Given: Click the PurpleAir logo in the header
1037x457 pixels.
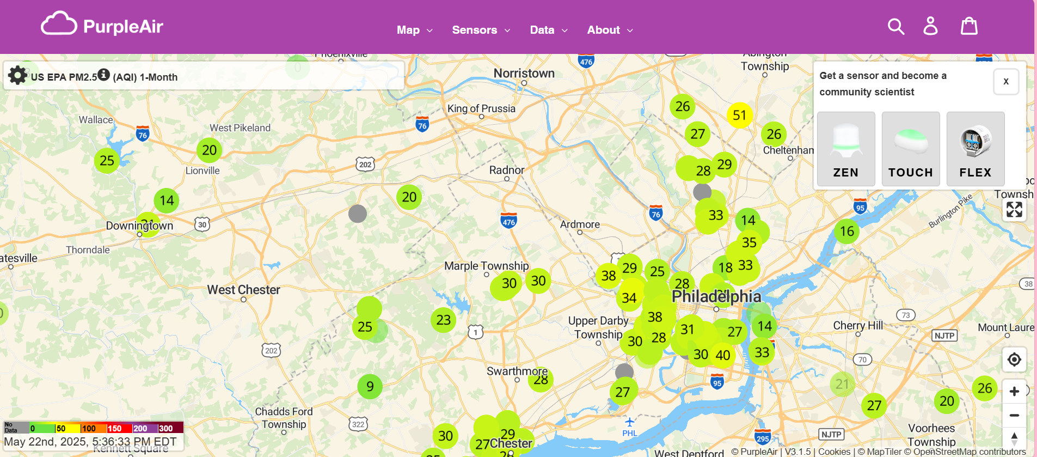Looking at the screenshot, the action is [x=102, y=25].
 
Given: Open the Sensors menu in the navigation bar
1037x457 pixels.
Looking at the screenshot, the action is [x=481, y=30].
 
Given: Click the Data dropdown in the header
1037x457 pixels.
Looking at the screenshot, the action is [x=548, y=30].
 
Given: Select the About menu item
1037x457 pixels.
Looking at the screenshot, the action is [x=610, y=30].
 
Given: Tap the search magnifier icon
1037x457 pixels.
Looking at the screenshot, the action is [x=895, y=26].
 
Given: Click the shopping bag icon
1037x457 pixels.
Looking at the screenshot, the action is [x=969, y=26].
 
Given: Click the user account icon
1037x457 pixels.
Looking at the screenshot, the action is [x=930, y=26].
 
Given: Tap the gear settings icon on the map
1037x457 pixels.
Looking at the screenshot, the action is [x=17, y=75].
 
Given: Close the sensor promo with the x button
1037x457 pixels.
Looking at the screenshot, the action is [x=1005, y=82].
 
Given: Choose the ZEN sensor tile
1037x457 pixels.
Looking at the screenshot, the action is [x=845, y=149].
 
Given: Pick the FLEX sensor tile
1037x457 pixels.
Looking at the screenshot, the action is [x=975, y=149].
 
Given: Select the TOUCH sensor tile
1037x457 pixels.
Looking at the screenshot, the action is [x=910, y=149].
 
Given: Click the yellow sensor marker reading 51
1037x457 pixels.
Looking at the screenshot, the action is [x=739, y=115].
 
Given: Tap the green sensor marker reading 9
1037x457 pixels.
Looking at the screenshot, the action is [x=370, y=387].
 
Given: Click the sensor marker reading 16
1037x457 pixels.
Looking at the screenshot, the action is [x=846, y=231].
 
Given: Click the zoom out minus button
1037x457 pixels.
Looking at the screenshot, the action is [x=1014, y=416].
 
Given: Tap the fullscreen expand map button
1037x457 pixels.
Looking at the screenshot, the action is [x=1014, y=210].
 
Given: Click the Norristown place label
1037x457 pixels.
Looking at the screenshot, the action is [x=524, y=74].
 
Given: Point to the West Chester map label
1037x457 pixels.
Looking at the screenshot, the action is [x=243, y=290].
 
